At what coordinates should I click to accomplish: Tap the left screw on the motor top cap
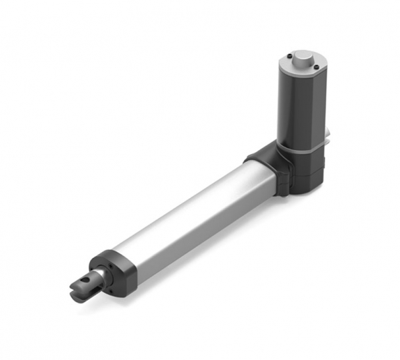(288, 55)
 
